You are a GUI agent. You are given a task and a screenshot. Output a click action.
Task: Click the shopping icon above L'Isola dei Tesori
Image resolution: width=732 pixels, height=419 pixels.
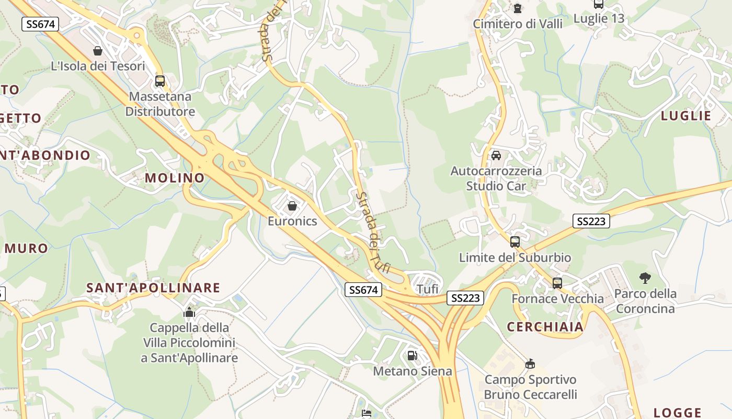click(x=97, y=51)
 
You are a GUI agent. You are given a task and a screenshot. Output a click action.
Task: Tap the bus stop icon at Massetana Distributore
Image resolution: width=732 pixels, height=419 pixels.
click(x=160, y=81)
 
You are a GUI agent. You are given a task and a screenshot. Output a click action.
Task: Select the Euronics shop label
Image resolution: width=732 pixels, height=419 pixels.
click(x=292, y=221)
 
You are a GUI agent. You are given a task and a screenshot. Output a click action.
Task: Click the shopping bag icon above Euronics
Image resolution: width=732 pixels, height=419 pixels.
click(x=292, y=206)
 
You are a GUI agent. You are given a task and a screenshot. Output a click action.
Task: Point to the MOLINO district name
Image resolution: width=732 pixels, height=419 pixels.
click(x=175, y=178)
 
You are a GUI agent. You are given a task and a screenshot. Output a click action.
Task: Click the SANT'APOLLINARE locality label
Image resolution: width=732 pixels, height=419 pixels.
click(x=153, y=288)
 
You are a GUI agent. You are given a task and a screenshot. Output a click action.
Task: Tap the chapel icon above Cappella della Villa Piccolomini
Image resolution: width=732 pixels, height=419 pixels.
click(x=189, y=313)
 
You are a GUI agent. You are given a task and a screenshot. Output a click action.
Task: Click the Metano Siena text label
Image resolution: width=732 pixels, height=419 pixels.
click(x=412, y=371)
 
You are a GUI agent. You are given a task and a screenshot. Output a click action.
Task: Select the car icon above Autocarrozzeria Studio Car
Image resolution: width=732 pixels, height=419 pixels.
click(x=496, y=156)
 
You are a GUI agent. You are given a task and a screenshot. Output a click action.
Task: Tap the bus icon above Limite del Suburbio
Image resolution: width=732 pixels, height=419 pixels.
click(x=515, y=242)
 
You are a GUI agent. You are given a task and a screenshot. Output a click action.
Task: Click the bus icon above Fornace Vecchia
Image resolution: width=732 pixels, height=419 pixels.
click(x=557, y=283)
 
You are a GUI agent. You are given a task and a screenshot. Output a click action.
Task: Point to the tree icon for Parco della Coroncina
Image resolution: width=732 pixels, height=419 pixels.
click(x=645, y=278)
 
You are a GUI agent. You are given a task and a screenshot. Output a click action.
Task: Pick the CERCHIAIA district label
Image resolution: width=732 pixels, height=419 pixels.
click(x=545, y=327)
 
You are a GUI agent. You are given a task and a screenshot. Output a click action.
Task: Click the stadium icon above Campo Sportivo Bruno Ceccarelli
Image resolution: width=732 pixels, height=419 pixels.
click(x=530, y=364)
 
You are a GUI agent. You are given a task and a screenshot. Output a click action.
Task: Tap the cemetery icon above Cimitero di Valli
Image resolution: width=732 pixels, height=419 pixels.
click(x=518, y=8)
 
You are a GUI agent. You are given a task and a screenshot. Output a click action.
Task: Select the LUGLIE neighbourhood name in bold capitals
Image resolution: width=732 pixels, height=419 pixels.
click(x=686, y=116)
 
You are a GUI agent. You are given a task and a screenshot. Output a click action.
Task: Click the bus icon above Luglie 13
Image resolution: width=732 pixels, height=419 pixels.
click(x=599, y=4)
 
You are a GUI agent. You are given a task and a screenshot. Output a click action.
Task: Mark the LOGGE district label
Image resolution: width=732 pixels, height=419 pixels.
click(x=678, y=413)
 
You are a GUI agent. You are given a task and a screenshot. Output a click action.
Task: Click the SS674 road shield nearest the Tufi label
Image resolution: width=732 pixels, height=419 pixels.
click(x=364, y=290)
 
